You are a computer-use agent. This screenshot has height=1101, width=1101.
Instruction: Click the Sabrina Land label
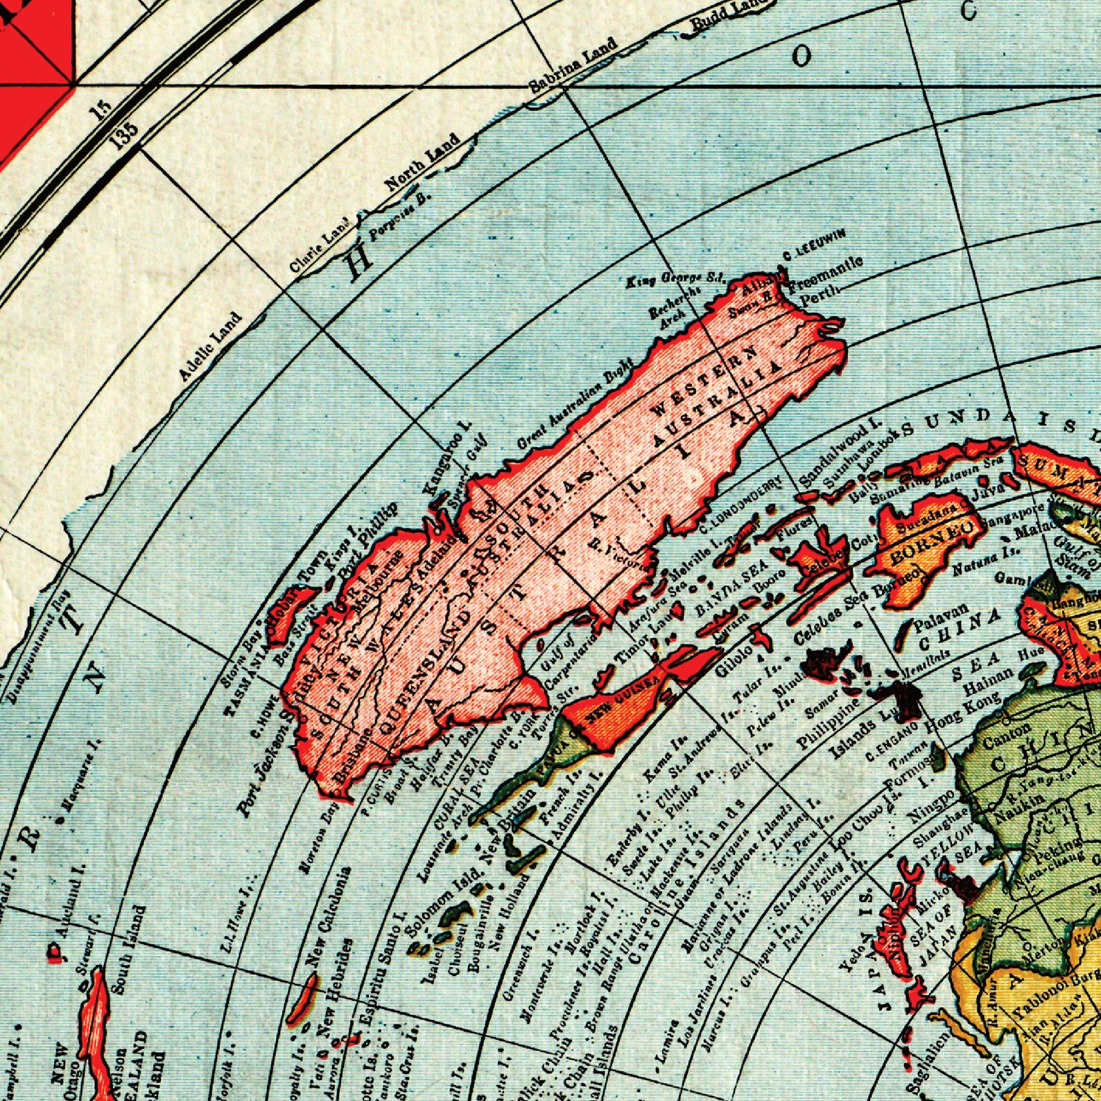573,67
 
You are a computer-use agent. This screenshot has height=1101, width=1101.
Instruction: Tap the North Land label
423,162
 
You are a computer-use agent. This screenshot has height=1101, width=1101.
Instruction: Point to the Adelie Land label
210,347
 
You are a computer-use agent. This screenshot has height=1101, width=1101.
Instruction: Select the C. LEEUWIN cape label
814,245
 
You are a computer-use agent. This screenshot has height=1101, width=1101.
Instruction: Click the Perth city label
822,295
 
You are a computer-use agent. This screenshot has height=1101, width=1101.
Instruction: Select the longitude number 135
125,133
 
